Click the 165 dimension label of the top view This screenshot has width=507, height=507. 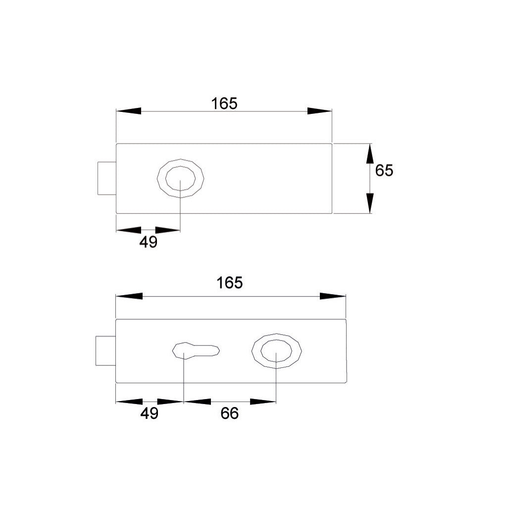pos(224,103)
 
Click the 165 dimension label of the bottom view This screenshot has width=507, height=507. pos(230,283)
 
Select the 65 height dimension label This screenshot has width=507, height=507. pos(384,170)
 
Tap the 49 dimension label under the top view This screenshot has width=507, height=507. pos(148,243)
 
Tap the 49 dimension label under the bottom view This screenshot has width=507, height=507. pos(149,413)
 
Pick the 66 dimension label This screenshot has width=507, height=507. pos(229,413)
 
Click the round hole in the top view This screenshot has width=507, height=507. pos(180,178)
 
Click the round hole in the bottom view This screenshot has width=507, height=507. pos(276,351)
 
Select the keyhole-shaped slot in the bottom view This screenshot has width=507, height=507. pos(196,350)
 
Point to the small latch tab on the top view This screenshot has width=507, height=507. pos(106,178)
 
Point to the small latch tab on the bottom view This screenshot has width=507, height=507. pos(105,351)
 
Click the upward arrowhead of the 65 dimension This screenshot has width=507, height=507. pos(370,154)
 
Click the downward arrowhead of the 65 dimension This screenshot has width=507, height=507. pos(370,203)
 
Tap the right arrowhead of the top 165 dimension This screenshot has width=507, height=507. pos(319,111)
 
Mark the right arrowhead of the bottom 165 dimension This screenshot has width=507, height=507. pos(332,296)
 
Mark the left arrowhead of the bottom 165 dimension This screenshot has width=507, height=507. pos(129,296)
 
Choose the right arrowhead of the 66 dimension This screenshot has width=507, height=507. pos(263,402)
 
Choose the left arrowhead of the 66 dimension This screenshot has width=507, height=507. pos(197,402)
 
